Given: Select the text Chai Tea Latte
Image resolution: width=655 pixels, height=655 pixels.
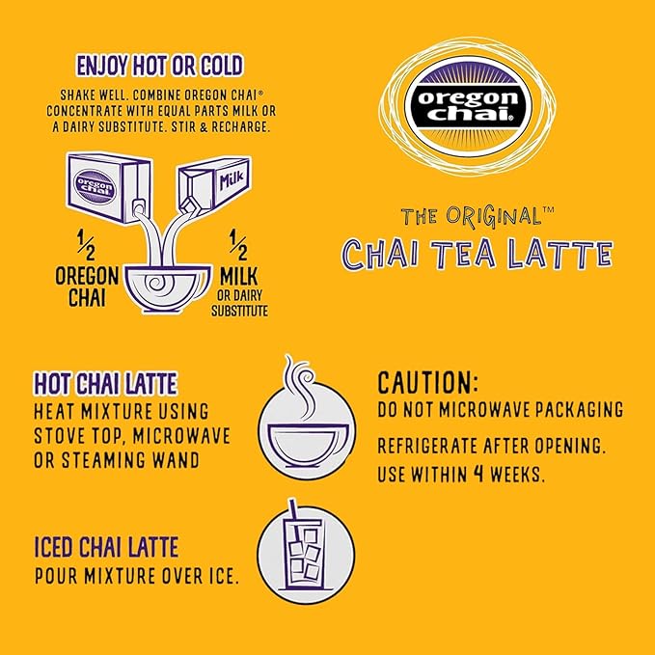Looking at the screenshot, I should tap(478, 254).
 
